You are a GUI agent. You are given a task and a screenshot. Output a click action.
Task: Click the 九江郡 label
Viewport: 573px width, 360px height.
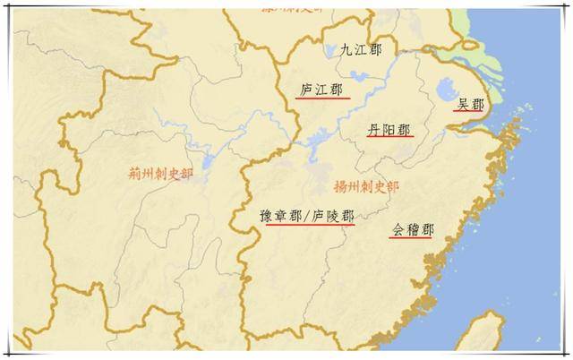[x=361, y=50]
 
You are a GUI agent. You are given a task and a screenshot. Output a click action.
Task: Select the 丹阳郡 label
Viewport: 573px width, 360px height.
[x=389, y=130]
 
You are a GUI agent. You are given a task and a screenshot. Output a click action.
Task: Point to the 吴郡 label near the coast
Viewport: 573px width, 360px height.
[x=470, y=105]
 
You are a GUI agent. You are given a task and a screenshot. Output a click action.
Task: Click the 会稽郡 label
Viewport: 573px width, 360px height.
[x=412, y=230]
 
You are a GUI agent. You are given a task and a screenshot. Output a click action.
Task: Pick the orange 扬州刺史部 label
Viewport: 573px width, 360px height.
[x=365, y=187]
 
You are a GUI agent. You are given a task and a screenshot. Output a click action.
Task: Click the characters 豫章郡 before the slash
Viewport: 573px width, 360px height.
[x=279, y=217]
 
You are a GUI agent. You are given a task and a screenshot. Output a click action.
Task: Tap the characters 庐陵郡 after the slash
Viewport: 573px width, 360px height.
[x=331, y=217]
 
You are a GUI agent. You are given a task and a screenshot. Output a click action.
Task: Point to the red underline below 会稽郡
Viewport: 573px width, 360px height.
[x=412, y=238]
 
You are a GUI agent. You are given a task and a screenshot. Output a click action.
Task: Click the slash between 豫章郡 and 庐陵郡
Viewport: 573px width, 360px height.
[x=305, y=217]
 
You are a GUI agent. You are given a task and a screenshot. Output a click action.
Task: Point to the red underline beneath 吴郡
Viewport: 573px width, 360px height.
[x=470, y=113]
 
